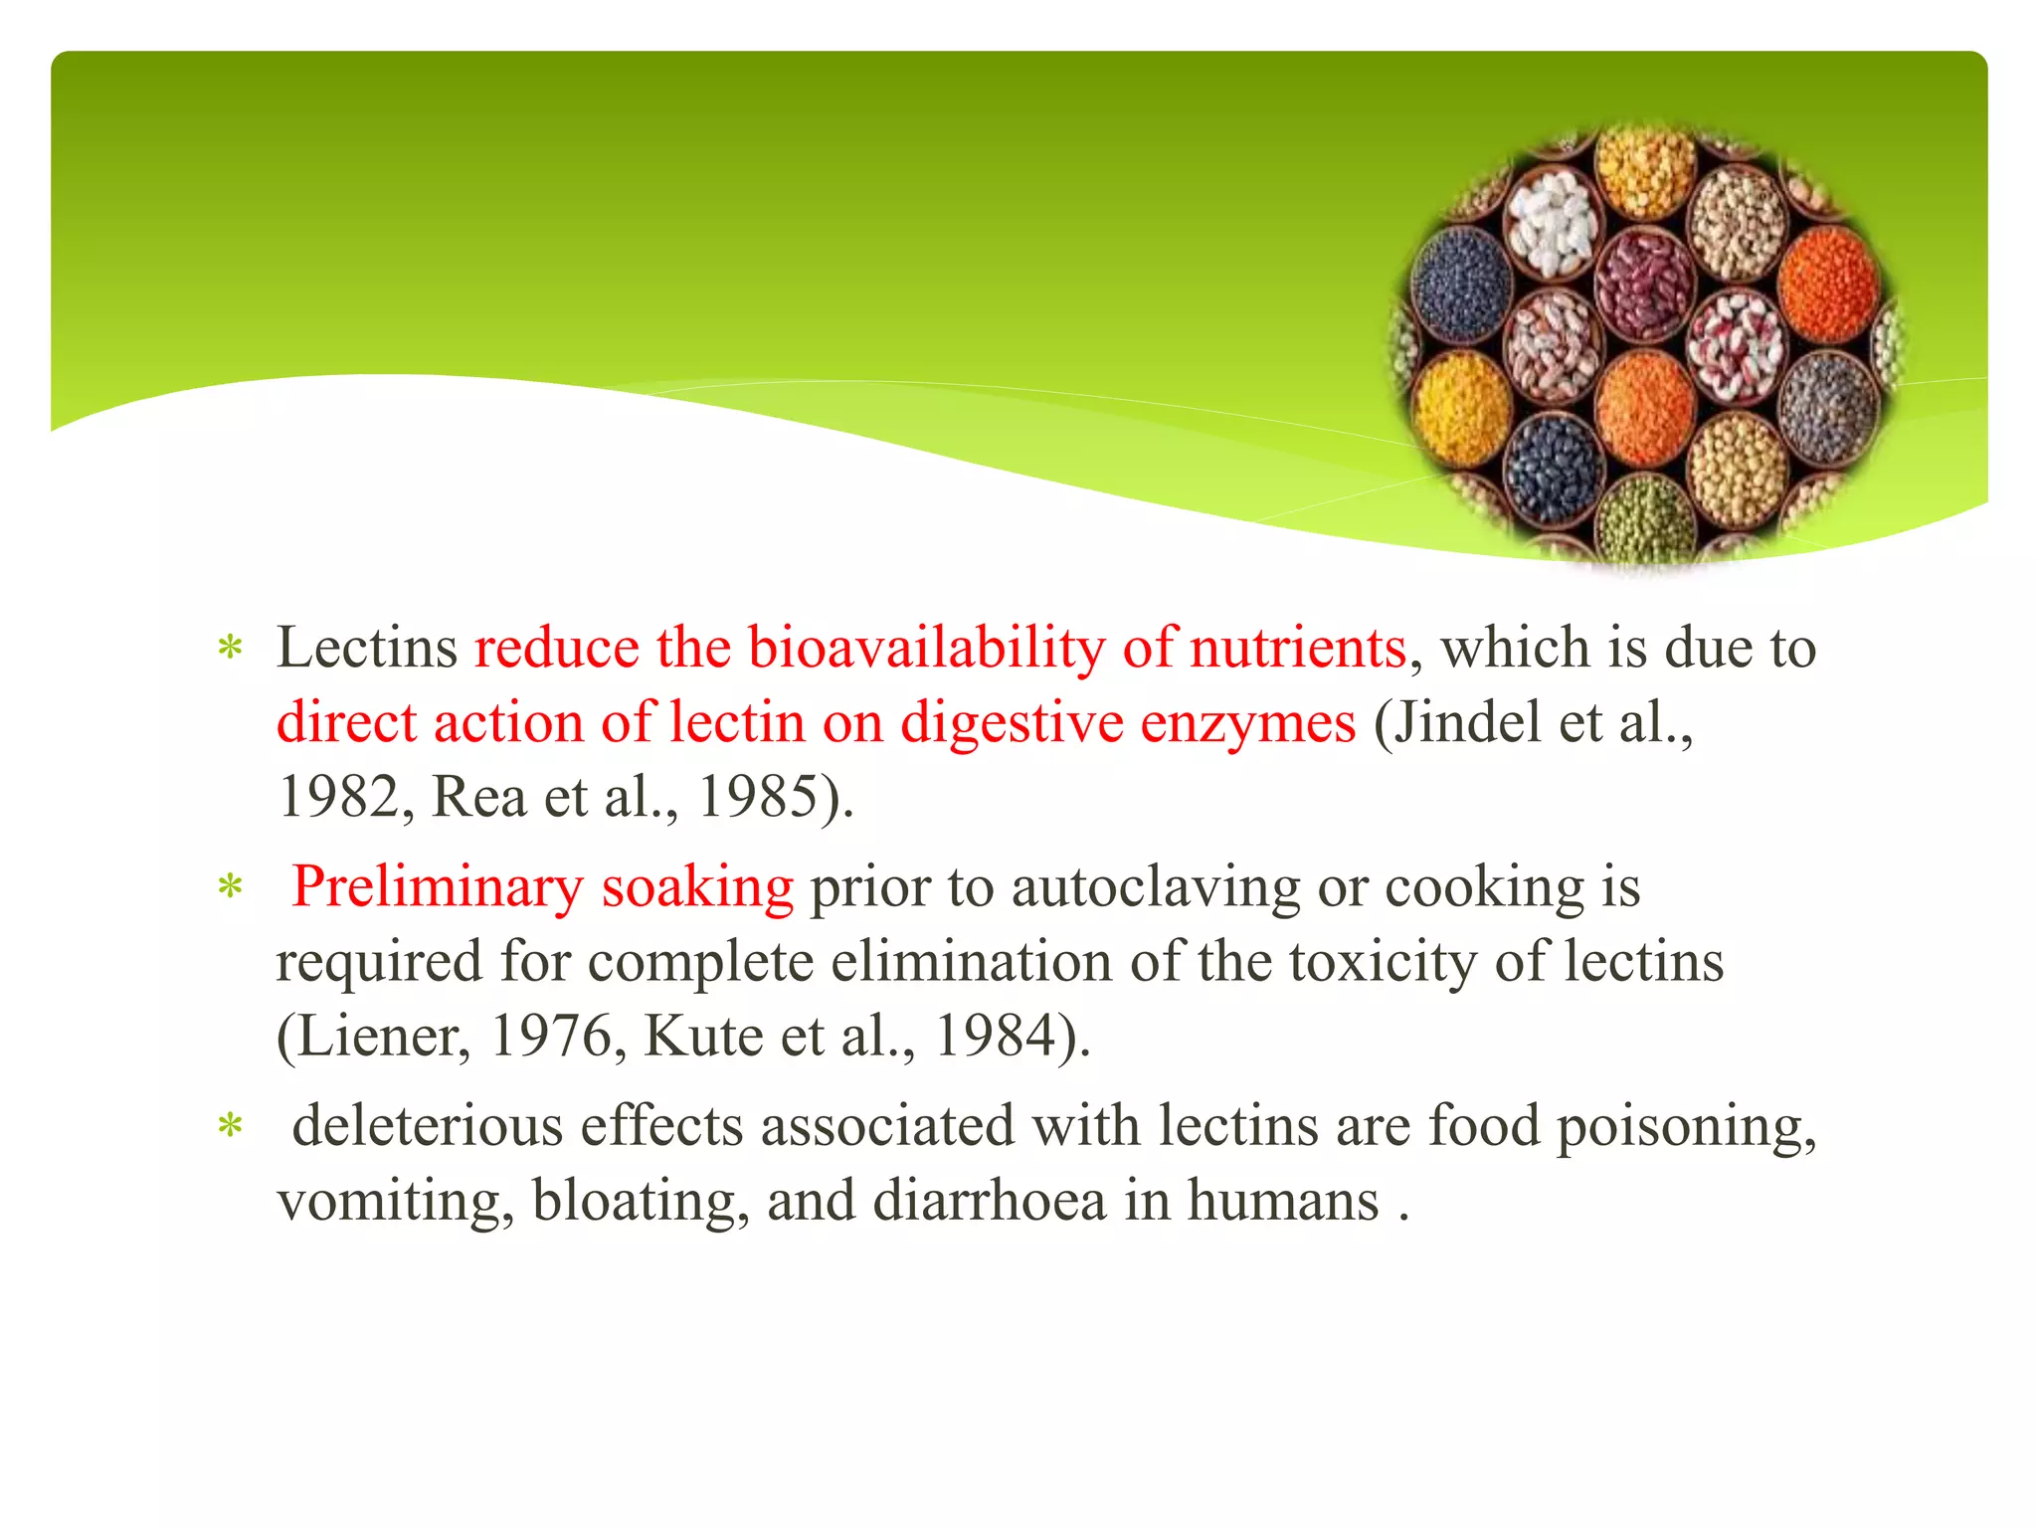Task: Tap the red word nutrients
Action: [x=1298, y=649]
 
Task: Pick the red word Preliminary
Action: [x=437, y=887]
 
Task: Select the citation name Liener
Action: [x=373, y=1037]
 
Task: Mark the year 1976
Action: [x=551, y=1037]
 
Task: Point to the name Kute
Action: [x=704, y=1037]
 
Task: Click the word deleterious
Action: [x=428, y=1126]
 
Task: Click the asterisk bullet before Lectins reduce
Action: [x=231, y=649]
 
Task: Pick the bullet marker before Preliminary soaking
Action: [x=231, y=887]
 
